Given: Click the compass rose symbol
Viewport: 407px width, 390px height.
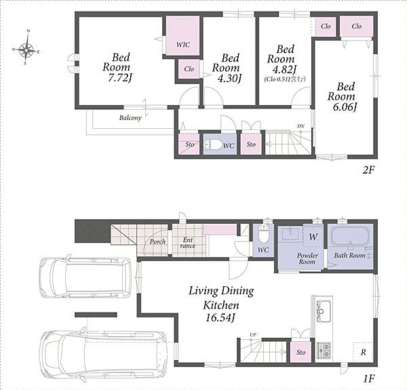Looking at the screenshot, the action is (x=26, y=48).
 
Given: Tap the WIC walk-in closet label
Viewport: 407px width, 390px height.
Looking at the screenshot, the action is (x=183, y=45).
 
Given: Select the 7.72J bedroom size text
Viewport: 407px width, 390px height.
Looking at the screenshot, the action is (x=119, y=77).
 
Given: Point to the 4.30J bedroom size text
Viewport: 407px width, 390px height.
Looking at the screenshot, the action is (x=229, y=78).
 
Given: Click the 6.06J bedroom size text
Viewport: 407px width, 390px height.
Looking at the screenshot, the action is (x=345, y=107).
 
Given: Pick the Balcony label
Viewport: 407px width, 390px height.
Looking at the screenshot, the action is (x=130, y=118).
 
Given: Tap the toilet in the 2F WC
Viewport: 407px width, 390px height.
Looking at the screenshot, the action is (x=211, y=144).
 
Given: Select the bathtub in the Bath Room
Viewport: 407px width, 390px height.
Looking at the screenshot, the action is (x=350, y=236).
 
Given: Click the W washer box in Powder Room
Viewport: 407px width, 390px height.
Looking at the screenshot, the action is (x=313, y=236).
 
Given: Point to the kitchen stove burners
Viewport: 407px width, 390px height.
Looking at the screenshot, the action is (x=324, y=350).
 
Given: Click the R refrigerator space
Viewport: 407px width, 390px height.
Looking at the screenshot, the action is (x=363, y=352).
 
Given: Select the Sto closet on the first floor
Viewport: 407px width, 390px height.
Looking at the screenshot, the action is (x=301, y=352).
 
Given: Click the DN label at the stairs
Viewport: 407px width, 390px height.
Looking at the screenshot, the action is (x=301, y=126).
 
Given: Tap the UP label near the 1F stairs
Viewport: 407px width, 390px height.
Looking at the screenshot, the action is (x=253, y=335).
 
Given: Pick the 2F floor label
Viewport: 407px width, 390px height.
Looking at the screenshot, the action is (x=368, y=170).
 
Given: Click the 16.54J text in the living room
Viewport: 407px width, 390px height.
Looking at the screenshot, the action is (x=220, y=317).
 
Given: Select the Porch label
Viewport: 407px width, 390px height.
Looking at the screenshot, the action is (x=157, y=242).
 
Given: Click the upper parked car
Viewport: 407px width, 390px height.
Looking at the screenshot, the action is (x=85, y=278).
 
